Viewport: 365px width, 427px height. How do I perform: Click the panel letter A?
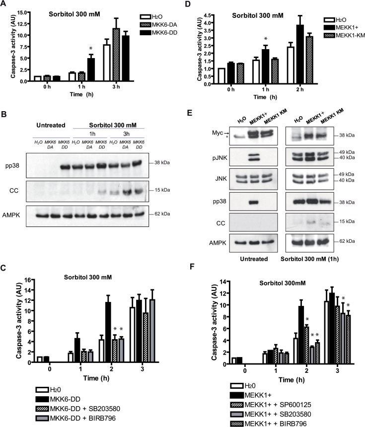click(5, 5)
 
